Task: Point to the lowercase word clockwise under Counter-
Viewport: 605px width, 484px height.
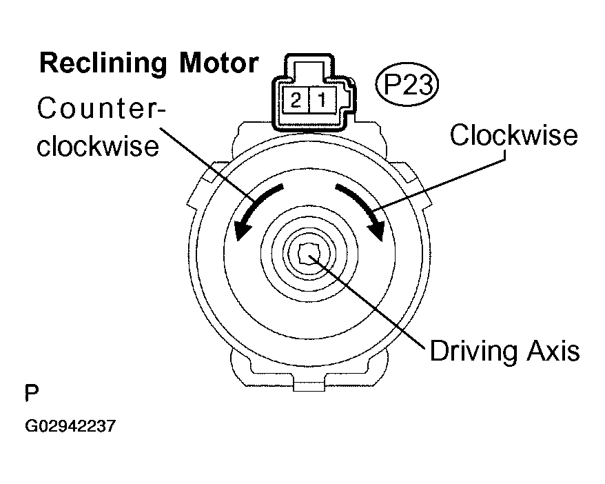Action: point(97,147)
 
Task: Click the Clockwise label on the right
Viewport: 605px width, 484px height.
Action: point(513,135)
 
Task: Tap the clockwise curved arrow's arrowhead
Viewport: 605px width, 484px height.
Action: point(377,231)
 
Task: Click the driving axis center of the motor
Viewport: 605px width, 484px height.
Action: point(307,256)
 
